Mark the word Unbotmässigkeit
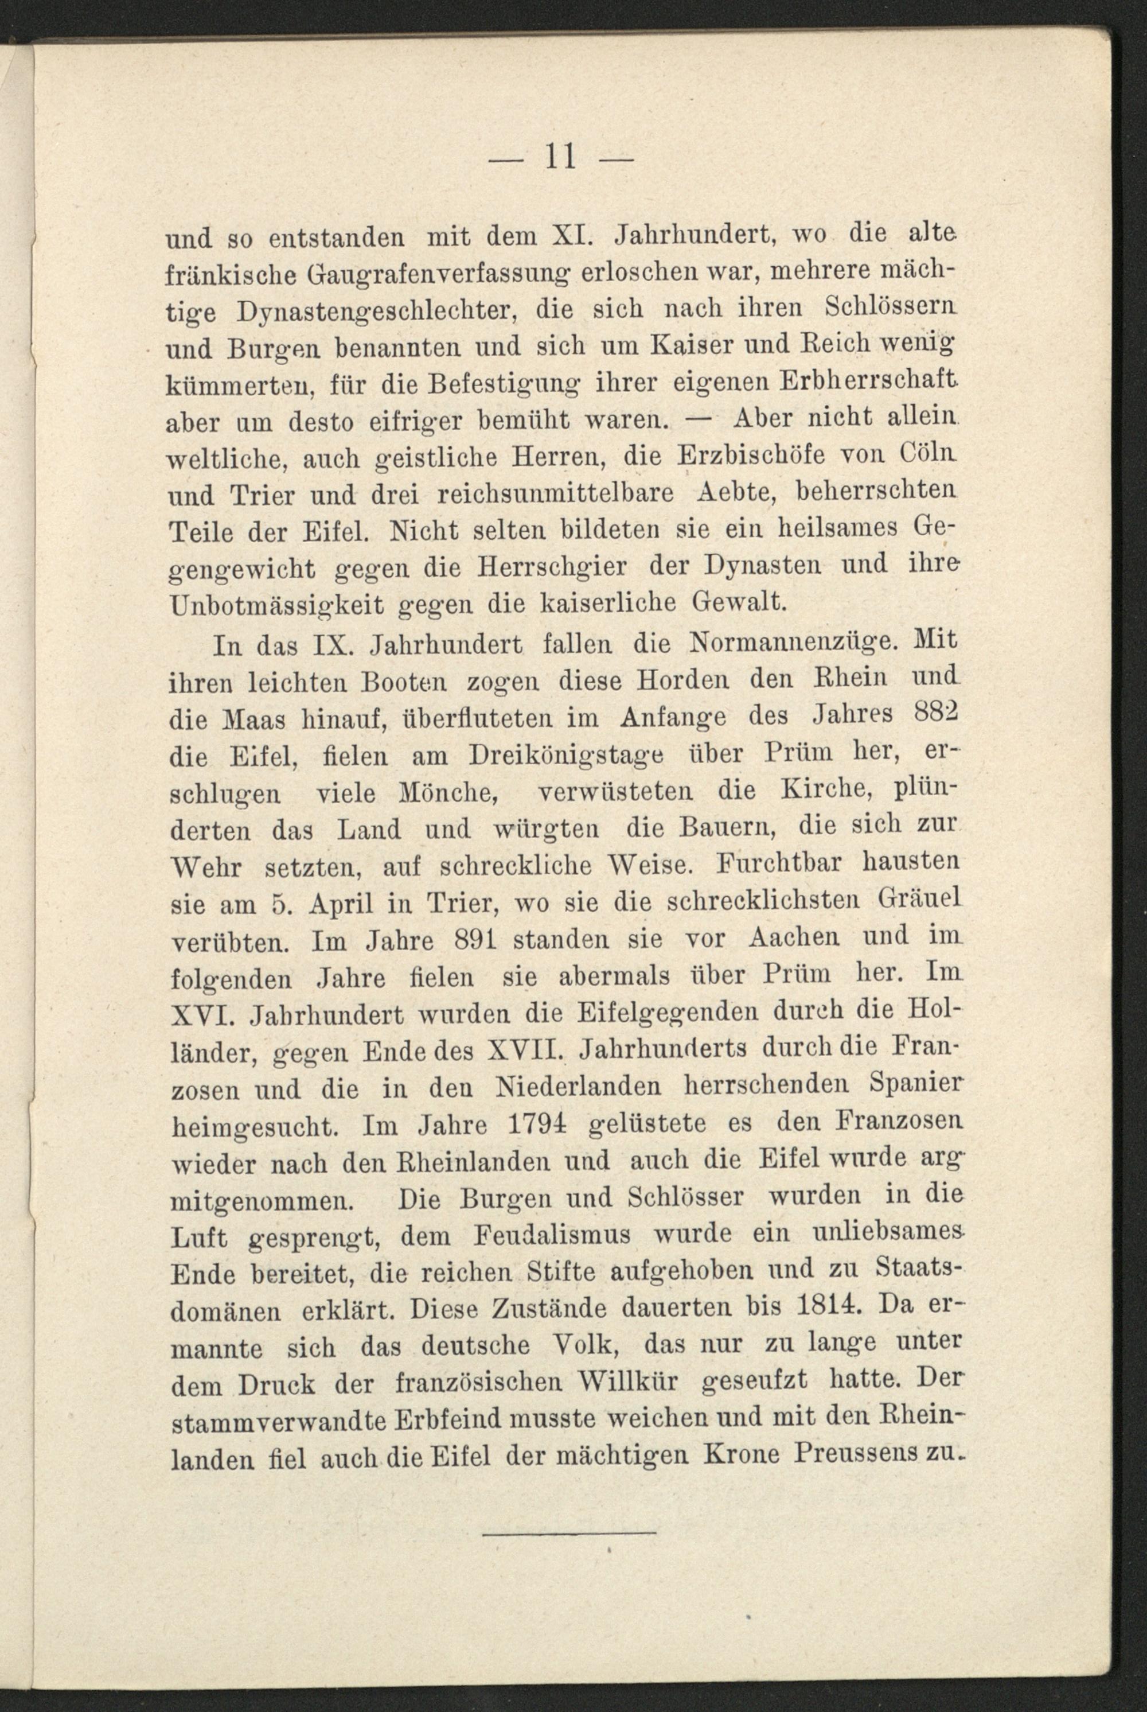276,604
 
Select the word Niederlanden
579,1088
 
